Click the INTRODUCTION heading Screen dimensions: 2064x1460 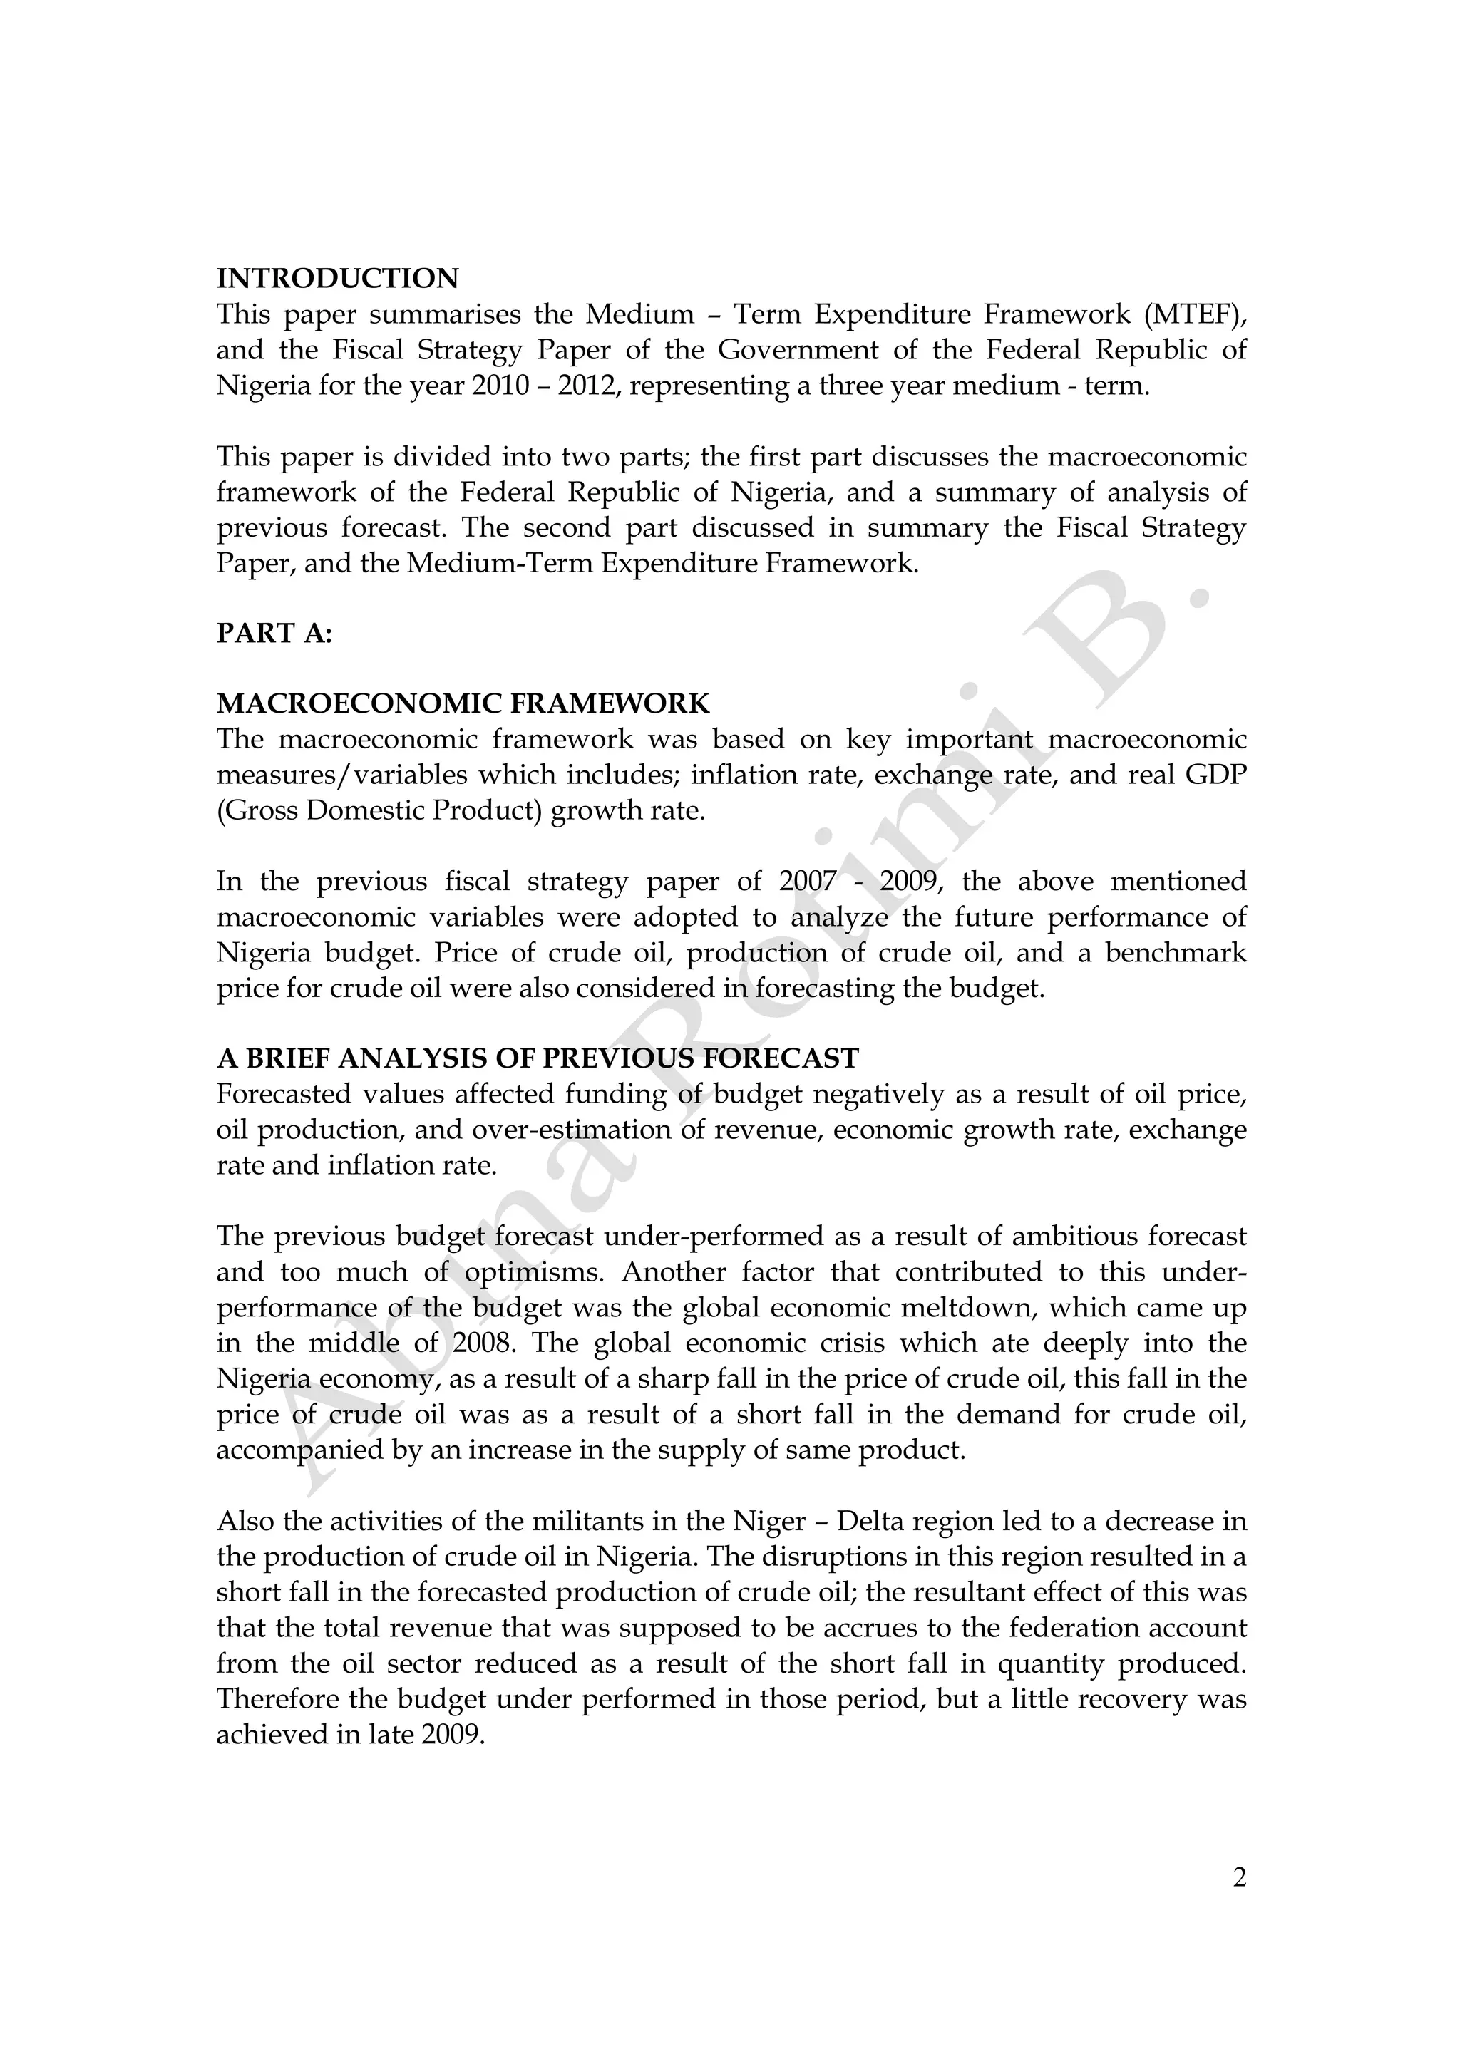(337, 279)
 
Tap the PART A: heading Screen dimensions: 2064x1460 (274, 634)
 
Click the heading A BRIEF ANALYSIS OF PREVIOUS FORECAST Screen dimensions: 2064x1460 (538, 1058)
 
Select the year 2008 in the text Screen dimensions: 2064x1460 (485, 1343)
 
